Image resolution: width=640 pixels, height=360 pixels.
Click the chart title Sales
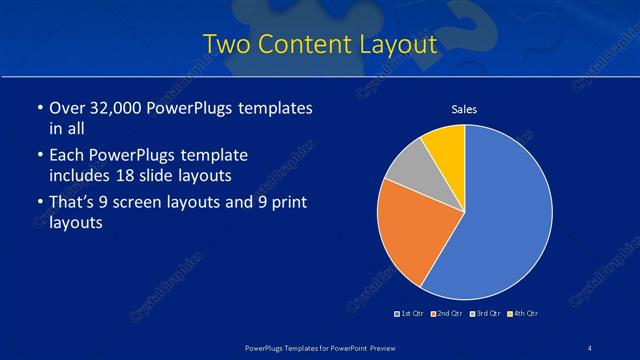tap(464, 109)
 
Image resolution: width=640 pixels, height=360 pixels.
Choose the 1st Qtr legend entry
tap(410, 314)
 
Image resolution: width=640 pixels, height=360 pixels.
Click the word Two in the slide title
tap(224, 45)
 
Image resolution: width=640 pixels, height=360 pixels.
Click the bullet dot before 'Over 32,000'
tap(38, 108)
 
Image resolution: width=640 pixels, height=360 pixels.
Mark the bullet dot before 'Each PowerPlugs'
tap(38, 156)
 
